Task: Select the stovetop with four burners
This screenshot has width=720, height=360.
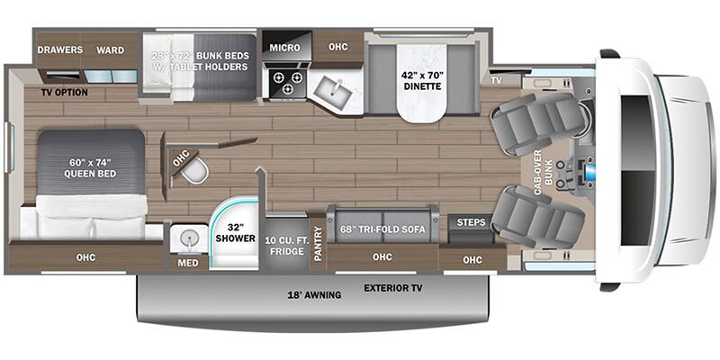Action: (286, 83)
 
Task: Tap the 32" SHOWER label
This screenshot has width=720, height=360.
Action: (232, 232)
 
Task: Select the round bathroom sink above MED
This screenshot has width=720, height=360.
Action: (189, 238)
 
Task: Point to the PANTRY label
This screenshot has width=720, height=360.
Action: (318, 243)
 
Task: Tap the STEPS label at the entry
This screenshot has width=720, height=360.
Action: (471, 223)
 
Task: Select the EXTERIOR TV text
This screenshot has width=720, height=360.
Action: (393, 289)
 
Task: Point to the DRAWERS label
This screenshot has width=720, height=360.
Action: (60, 49)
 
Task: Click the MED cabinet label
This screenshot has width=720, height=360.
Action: (188, 264)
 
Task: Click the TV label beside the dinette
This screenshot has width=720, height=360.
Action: (496, 80)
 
